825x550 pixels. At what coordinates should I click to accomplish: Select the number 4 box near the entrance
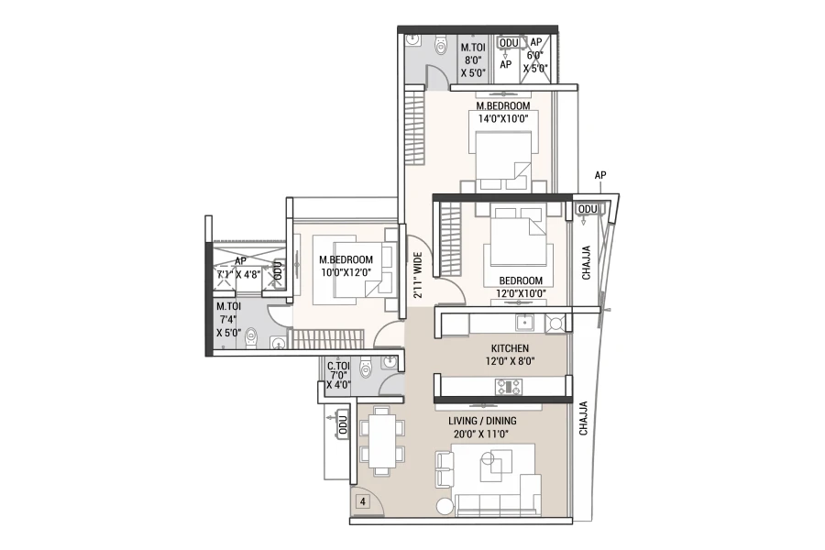(362, 501)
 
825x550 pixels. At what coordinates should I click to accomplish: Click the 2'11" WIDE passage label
(418, 275)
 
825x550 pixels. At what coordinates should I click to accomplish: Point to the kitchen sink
(524, 322)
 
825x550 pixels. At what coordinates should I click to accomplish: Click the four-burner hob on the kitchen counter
(508, 386)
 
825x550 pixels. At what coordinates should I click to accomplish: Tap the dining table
(382, 441)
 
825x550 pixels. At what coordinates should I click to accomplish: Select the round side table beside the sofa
(444, 506)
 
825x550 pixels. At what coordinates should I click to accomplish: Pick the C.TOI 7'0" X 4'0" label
(338, 375)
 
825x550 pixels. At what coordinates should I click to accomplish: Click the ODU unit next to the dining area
(343, 423)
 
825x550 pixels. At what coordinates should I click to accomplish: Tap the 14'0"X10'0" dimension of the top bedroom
(502, 118)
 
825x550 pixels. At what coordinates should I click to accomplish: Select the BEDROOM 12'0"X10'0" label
(521, 287)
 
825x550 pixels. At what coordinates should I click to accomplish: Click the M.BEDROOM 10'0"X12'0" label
(346, 266)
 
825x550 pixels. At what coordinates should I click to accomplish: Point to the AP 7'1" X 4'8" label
(239, 268)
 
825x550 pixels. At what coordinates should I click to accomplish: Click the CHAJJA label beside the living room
(583, 418)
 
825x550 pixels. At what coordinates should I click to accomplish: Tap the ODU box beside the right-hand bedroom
(588, 210)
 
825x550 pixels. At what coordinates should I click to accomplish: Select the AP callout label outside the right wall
(599, 175)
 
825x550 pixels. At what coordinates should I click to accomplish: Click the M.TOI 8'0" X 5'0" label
(473, 60)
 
